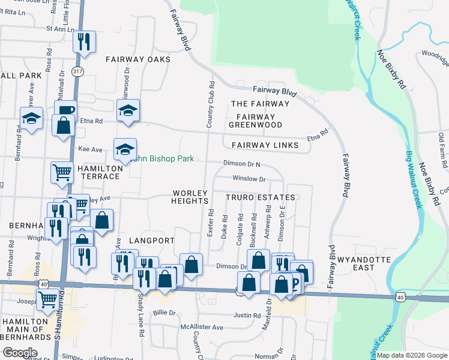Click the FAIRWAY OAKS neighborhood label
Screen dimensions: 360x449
pyautogui.click(x=138, y=59)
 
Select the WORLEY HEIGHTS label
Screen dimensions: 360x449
pyautogui.click(x=190, y=197)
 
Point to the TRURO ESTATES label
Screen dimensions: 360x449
pyautogui.click(x=261, y=197)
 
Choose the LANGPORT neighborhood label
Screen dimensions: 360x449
pyautogui.click(x=152, y=240)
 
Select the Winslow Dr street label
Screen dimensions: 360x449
pyautogui.click(x=249, y=179)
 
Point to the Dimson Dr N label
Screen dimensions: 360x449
pyautogui.click(x=242, y=163)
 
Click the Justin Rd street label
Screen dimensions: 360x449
pyautogui.click(x=246, y=314)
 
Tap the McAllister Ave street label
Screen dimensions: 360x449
pyautogui.click(x=202, y=327)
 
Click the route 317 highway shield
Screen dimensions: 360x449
pyautogui.click(x=77, y=71)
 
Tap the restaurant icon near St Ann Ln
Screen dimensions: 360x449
pyautogui.click(x=83, y=41)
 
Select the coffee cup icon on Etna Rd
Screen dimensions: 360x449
pyautogui.click(x=65, y=110)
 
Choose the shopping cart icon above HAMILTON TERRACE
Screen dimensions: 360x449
pyautogui.click(x=62, y=172)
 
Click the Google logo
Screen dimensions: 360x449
pyautogui.click(x=20, y=352)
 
